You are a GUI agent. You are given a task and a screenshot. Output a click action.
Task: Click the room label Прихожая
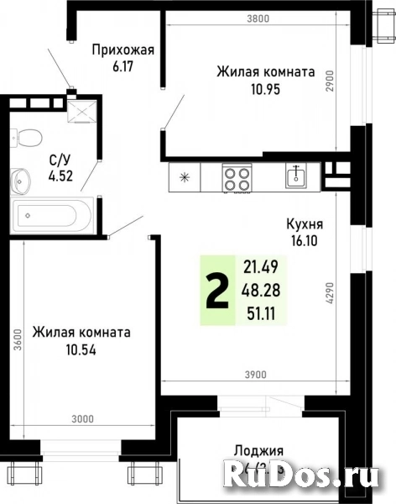(x=122, y=49)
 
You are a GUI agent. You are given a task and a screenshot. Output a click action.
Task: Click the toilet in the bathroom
(x=29, y=137)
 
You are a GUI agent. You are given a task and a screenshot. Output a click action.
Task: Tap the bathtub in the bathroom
(x=47, y=217)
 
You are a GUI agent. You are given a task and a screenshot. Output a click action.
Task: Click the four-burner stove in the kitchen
(x=237, y=178)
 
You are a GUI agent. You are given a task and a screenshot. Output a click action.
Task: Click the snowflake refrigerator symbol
(x=185, y=178)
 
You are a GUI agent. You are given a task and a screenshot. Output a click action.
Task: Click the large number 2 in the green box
(x=216, y=290)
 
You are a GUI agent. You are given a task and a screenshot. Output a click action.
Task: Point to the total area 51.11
(x=259, y=312)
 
